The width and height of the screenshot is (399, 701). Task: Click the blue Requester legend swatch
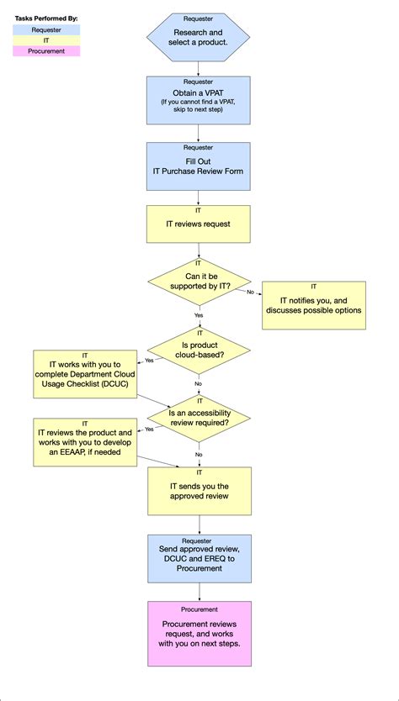[46, 30]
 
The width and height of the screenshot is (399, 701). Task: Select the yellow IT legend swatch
[46, 40]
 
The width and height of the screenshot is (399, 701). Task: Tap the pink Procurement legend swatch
[46, 51]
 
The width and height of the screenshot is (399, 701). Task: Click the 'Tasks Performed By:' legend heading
[46, 18]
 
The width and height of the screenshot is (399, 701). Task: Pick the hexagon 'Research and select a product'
[199, 37]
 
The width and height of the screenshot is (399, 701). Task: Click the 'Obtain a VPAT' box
[199, 101]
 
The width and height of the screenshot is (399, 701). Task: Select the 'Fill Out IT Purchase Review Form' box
[199, 166]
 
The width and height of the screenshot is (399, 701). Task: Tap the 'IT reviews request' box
[199, 224]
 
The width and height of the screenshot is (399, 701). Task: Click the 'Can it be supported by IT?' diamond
[199, 282]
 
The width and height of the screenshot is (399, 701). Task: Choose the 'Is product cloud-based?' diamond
[199, 350]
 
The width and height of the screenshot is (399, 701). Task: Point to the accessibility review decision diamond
[199, 418]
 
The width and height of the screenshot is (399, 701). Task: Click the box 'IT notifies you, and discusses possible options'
[314, 305]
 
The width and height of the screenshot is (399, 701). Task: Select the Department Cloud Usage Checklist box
[85, 374]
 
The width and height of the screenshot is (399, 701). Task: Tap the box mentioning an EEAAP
[85, 442]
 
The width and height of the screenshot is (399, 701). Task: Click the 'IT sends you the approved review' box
[199, 491]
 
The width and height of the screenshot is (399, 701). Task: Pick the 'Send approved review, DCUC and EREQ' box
[199, 559]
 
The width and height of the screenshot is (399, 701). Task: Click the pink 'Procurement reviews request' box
[199, 634]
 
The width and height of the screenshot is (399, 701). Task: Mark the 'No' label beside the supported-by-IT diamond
[250, 292]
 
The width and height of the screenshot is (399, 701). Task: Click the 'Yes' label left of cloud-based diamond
[149, 361]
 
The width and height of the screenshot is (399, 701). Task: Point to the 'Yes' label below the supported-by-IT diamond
[199, 314]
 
